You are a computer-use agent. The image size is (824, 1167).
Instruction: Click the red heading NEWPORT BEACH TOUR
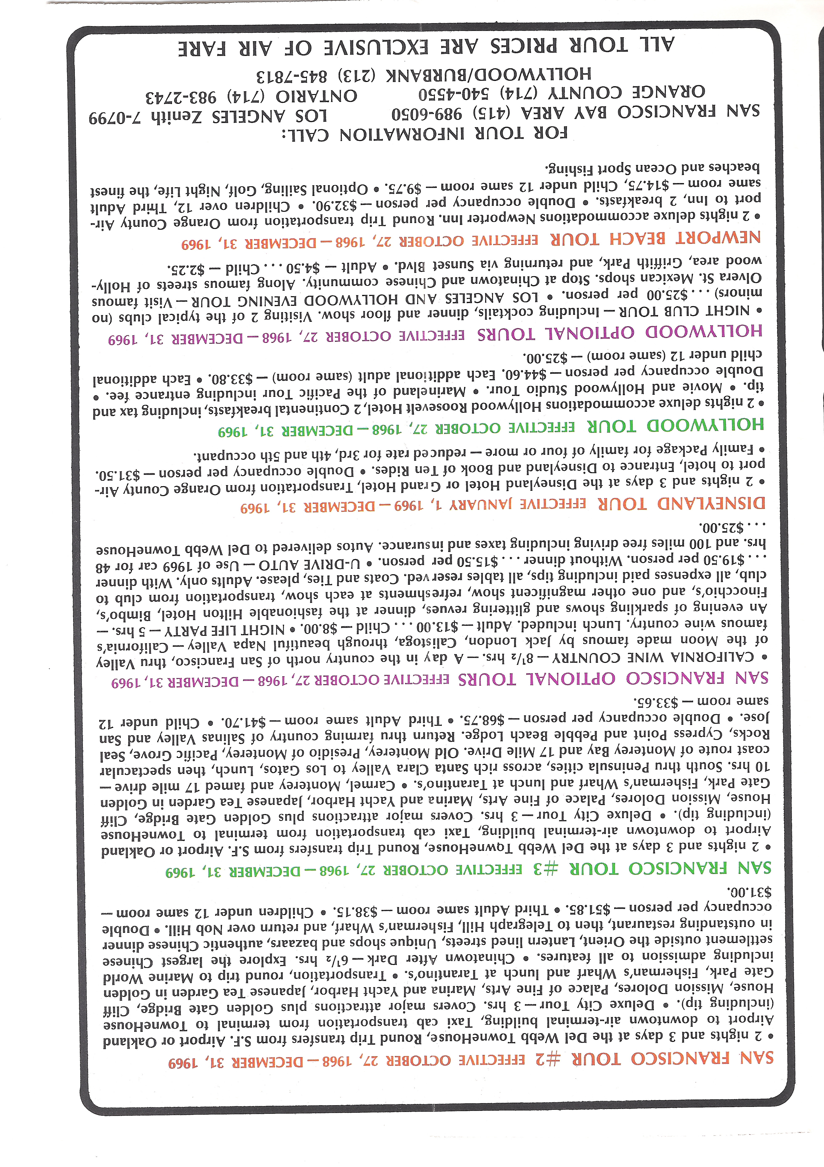[656, 238]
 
